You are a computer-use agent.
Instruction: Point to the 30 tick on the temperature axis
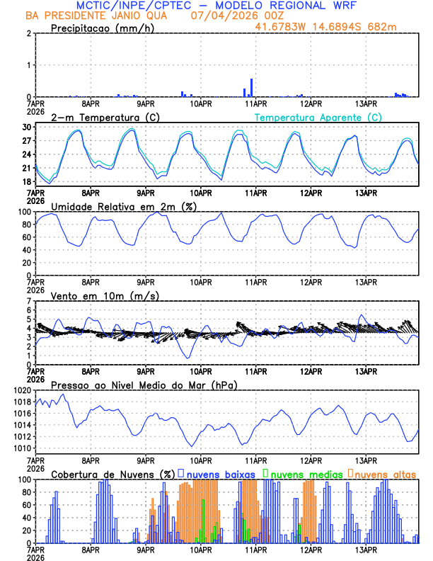26,127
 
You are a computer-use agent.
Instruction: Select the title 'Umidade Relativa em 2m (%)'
122,206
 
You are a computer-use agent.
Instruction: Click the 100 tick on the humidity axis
23,212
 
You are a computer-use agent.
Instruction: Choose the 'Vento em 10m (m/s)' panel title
105,295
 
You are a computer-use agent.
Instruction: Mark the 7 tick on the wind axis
28,301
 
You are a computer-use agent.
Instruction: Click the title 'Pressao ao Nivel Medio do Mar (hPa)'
144,385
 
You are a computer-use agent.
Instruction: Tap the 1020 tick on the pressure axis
21,390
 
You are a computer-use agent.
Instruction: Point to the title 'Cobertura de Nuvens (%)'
112,474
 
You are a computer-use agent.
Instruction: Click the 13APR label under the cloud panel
366,550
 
